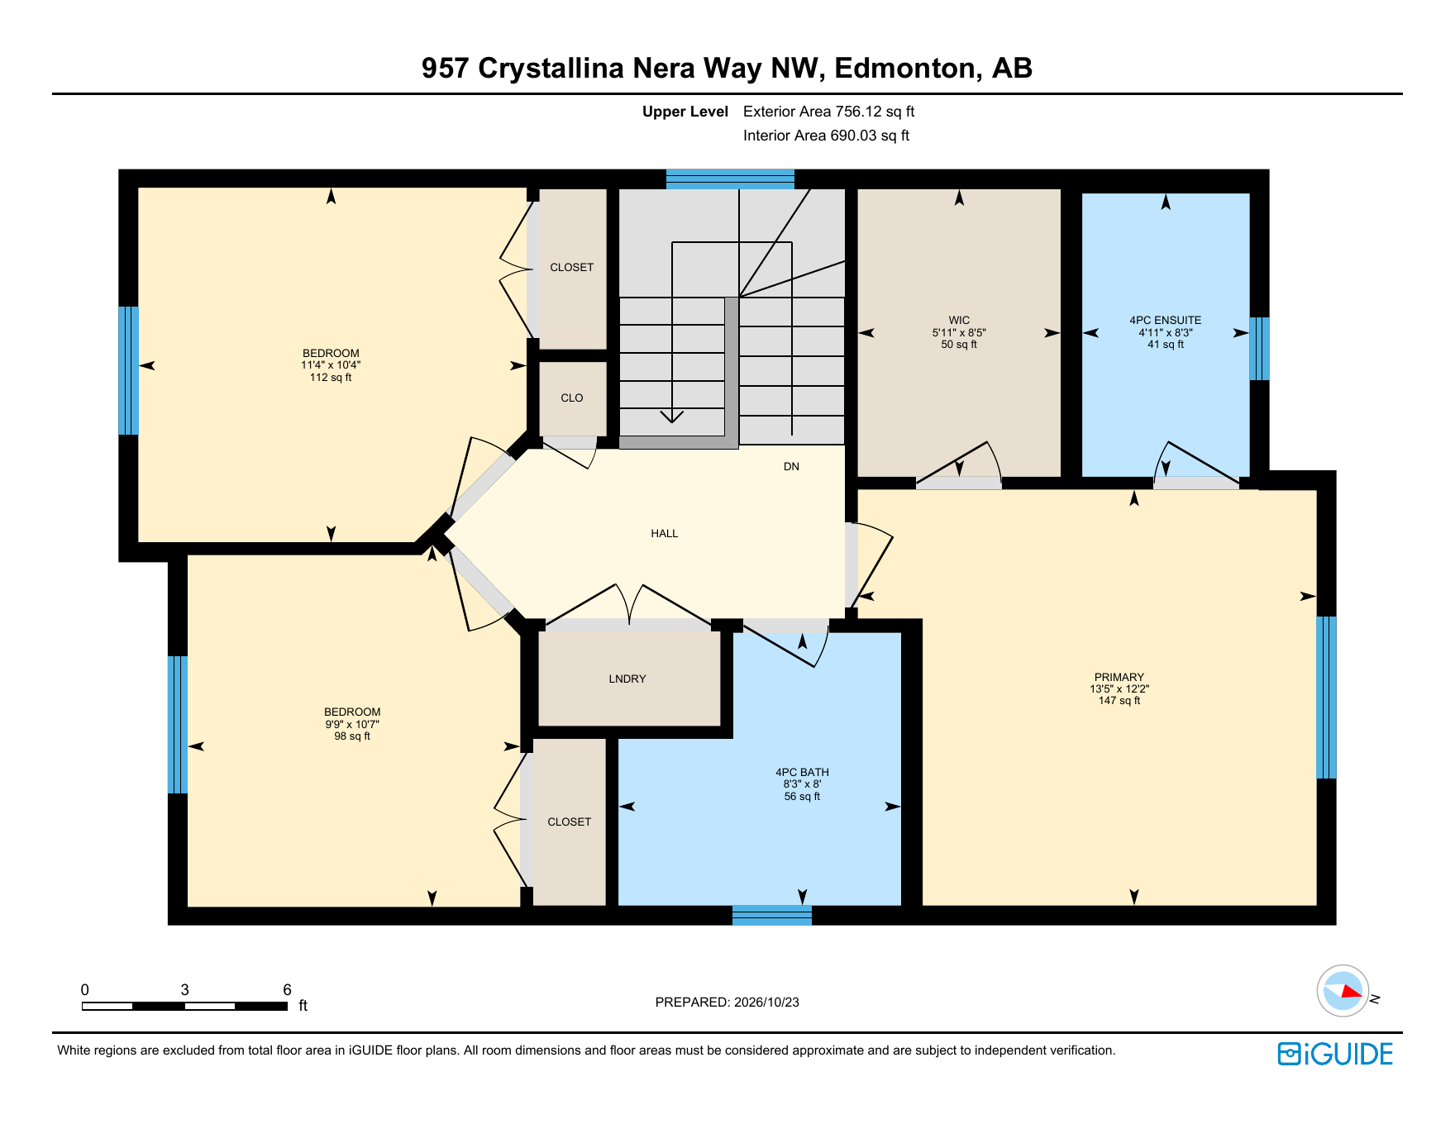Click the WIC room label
(959, 320)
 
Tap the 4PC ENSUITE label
(1166, 320)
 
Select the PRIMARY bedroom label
(1119, 677)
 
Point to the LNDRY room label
(627, 679)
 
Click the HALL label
(665, 533)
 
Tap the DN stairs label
(791, 466)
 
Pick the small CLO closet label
(572, 398)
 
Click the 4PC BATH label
(802, 772)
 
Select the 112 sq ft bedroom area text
(331, 378)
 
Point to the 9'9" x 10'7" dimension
(352, 724)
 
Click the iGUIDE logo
(1335, 1054)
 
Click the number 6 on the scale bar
(287, 989)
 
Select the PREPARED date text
(727, 1002)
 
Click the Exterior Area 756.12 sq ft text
(828, 112)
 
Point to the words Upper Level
(685, 112)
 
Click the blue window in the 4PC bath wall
(772, 915)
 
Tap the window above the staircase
(730, 179)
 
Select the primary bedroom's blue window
(1326, 698)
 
